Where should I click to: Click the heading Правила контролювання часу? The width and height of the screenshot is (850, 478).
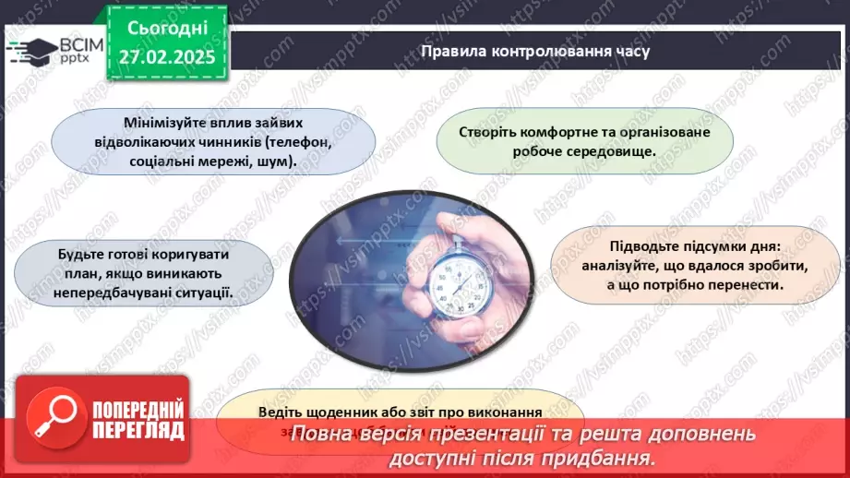click(534, 51)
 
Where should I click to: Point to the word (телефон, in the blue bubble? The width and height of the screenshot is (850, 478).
click(293, 142)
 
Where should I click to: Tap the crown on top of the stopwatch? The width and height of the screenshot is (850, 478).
click(453, 225)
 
